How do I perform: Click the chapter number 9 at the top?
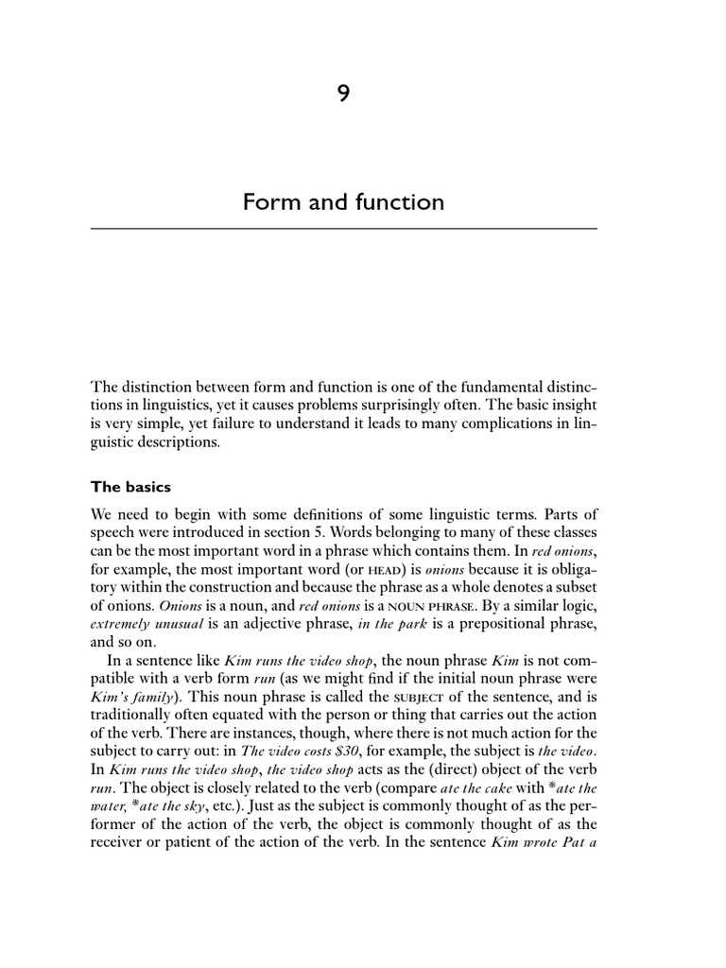pos(344,92)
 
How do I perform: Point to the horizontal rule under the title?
pos(344,229)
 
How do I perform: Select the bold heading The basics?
pos(130,488)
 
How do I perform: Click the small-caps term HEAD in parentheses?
pos(343,568)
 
